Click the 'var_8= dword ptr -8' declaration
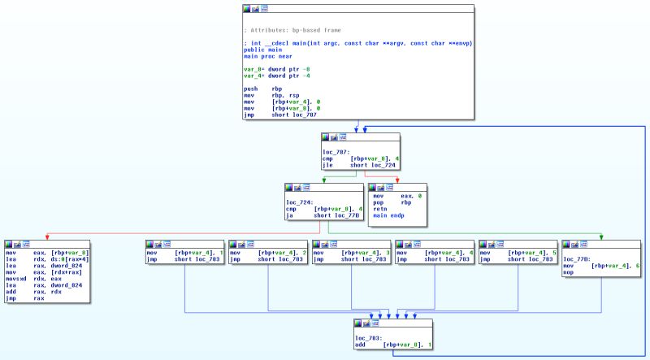coord(277,70)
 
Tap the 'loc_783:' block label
coord(368,336)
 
